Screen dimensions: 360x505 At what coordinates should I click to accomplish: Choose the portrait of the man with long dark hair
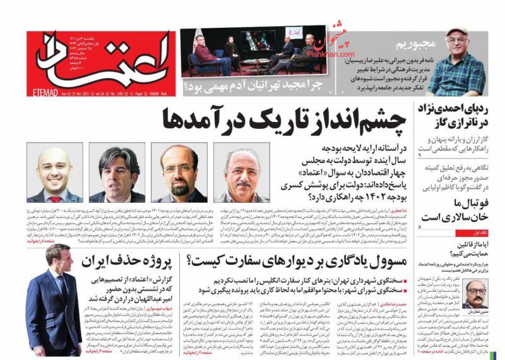click(117, 172)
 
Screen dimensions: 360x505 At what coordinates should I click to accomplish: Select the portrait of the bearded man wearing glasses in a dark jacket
click(179, 172)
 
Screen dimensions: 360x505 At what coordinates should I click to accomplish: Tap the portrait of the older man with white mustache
click(241, 172)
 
